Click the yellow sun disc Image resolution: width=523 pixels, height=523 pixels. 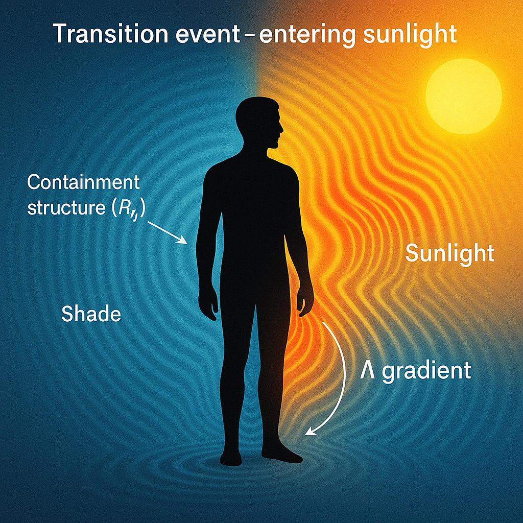click(464, 96)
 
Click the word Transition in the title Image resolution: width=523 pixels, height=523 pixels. click(110, 34)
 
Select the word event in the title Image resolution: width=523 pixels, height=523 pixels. click(207, 34)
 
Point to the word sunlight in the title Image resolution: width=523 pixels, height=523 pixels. click(410, 35)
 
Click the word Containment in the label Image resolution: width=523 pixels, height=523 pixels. click(83, 182)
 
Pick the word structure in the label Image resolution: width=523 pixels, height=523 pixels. click(66, 208)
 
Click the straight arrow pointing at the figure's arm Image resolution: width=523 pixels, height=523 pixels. click(168, 233)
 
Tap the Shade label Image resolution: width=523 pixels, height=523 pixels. click(91, 314)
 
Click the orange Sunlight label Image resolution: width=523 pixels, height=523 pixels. click(449, 253)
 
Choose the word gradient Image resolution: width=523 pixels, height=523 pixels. click(426, 371)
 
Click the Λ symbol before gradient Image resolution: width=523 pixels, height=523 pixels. click(367, 370)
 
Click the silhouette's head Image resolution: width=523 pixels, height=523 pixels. click(259, 122)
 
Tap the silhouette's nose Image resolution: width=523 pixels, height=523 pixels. click(281, 128)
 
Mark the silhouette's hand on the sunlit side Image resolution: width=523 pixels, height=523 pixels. click(304, 301)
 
